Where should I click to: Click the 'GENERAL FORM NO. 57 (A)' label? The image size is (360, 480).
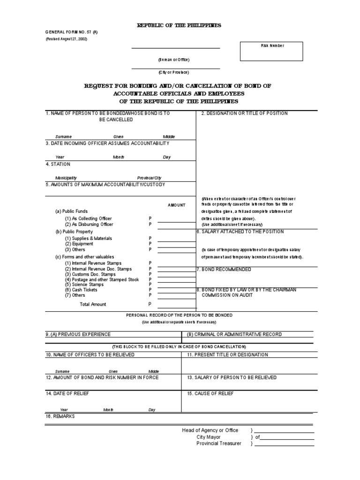point(72,32)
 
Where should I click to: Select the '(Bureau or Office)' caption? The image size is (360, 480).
point(173,60)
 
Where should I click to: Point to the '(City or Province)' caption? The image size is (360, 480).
point(173,72)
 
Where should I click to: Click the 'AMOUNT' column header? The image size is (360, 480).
point(176,205)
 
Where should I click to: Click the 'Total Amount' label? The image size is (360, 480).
point(93,304)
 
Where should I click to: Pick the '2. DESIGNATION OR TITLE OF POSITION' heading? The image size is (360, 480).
point(244,113)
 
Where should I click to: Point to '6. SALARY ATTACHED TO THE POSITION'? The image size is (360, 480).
point(240,232)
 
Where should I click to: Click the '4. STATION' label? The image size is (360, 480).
point(58,164)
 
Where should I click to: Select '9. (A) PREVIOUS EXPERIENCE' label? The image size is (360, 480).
point(78,334)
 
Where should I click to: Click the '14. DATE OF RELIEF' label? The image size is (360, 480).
point(67,393)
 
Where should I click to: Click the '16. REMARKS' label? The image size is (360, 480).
point(60,416)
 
